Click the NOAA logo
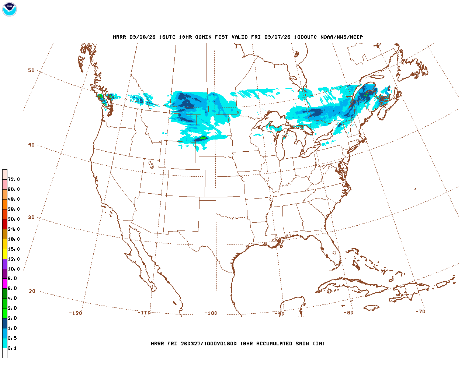(9, 9)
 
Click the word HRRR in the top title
(119, 37)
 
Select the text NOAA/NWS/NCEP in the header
(341, 37)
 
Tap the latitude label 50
(31, 71)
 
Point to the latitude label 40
(31, 145)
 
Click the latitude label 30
(31, 218)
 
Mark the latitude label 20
(32, 291)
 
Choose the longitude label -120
(75, 313)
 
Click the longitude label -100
(211, 313)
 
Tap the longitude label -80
(348, 313)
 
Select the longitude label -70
(420, 311)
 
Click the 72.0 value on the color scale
(14, 180)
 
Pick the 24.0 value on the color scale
(14, 229)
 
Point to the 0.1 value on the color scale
(12, 348)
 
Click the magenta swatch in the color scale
(5, 283)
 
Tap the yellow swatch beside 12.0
(5, 254)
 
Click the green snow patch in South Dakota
(202, 138)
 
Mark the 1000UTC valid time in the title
(305, 37)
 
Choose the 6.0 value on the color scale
(12, 289)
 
